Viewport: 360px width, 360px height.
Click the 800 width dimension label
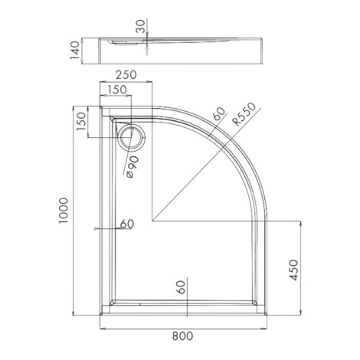[x=182, y=336]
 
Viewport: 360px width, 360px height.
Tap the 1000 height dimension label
[x=64, y=211]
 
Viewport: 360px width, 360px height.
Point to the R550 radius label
[x=244, y=114]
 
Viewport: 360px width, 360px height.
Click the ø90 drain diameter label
[x=133, y=167]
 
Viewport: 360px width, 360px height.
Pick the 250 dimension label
[x=126, y=75]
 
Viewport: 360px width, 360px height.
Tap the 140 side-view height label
[x=75, y=51]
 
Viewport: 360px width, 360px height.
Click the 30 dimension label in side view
[x=140, y=26]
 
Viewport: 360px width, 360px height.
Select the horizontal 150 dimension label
[x=116, y=90]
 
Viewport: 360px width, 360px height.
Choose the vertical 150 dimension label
[x=82, y=122]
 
